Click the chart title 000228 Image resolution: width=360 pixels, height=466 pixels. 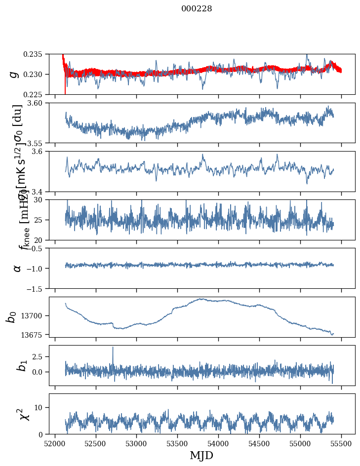point(197,8)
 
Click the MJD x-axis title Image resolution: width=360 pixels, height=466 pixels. point(201,456)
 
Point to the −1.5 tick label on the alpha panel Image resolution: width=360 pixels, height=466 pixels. point(36,288)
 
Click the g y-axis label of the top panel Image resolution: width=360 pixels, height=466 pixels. point(13,74)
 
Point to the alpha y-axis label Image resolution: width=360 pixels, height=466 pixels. point(17,268)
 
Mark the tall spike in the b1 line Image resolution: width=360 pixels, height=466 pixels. point(113,348)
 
